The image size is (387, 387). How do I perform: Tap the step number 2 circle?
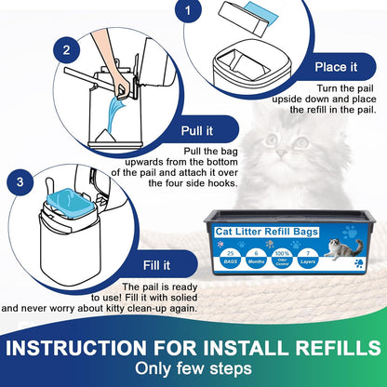(66, 49)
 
